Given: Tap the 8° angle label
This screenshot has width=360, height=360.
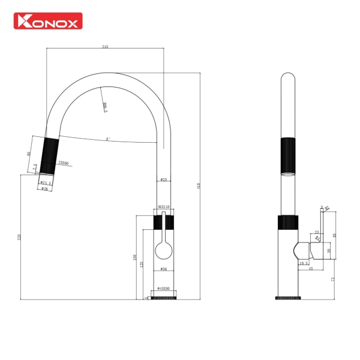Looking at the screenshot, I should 108,139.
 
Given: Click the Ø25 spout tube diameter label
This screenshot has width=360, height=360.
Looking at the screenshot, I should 163,180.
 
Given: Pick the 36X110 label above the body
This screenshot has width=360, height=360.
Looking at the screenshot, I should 163,206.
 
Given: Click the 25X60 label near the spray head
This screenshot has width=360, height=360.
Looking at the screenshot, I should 63,163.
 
